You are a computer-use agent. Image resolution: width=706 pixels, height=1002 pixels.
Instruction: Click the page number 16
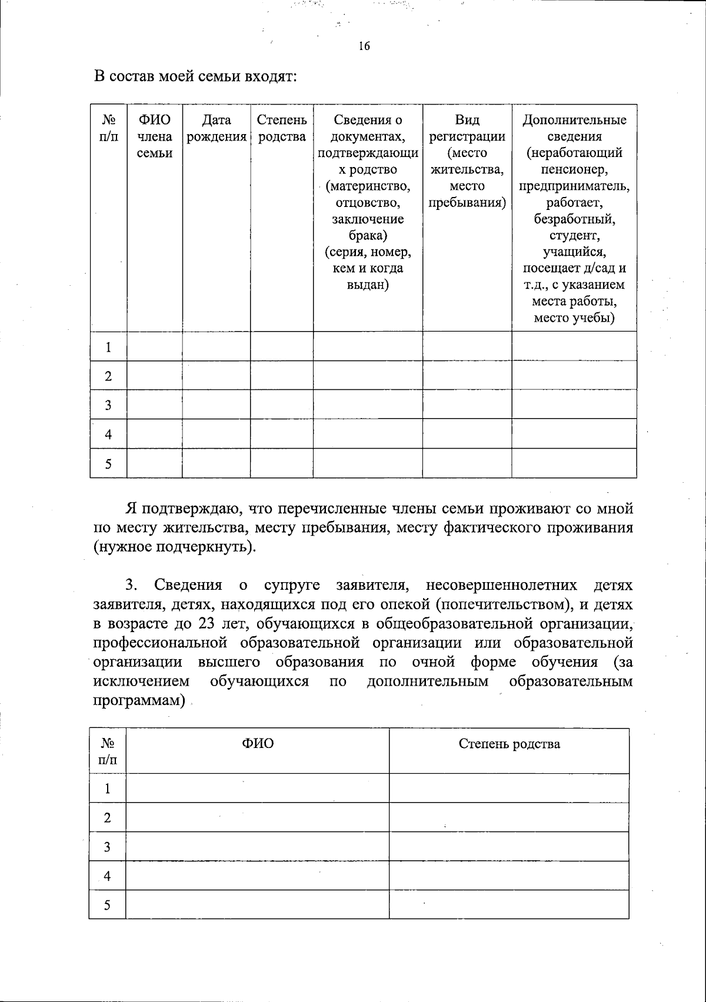(364, 46)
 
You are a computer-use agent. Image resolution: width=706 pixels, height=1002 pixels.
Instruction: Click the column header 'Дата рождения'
(216, 129)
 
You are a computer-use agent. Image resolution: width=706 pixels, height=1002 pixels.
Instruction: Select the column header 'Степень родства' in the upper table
(282, 129)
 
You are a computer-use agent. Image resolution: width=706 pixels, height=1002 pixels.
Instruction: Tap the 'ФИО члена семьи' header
(155, 136)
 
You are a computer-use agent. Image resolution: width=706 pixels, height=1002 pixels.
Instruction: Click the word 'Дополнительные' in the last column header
(574, 121)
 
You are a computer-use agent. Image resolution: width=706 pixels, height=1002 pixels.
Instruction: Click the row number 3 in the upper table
(108, 405)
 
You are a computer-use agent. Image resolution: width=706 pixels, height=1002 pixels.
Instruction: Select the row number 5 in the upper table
(108, 464)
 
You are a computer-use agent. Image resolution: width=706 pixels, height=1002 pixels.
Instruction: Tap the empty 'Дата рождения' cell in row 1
(216, 347)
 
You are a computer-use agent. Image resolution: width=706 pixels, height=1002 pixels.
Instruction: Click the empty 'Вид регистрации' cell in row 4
(467, 435)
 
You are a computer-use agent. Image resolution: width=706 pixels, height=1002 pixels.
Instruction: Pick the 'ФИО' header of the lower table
(258, 744)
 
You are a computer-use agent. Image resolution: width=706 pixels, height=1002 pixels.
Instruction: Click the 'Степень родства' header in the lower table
(509, 744)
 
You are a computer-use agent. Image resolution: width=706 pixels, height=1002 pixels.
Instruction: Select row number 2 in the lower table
(107, 818)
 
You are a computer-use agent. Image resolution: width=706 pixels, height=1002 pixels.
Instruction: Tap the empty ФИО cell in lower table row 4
(258, 876)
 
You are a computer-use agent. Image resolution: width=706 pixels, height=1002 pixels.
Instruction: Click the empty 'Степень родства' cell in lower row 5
(509, 905)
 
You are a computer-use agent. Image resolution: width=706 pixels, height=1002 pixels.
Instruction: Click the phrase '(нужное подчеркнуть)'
(175, 546)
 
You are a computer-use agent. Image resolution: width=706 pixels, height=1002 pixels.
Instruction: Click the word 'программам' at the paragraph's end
(138, 701)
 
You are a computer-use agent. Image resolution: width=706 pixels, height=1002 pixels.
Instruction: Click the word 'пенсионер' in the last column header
(574, 170)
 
